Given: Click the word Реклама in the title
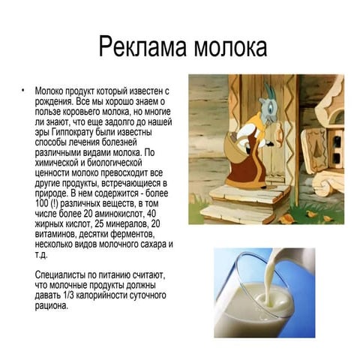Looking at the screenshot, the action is click(142, 46).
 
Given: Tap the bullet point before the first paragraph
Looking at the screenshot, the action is click(23, 90).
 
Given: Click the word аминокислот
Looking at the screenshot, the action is click(118, 214).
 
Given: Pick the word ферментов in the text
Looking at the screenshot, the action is click(131, 234).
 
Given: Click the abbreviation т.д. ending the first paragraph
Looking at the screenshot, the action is click(41, 255).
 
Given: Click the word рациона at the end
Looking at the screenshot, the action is click(51, 306).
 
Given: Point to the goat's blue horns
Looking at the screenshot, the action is click(269, 91).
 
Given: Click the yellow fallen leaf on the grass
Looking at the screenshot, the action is click(312, 214).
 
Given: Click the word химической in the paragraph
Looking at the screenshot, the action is click(57, 163).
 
